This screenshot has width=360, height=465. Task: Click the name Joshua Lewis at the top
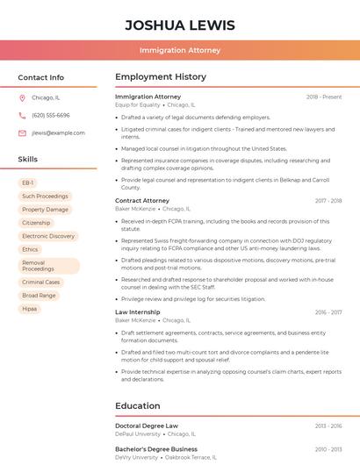click(180, 25)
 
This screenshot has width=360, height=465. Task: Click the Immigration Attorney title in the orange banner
click(180, 50)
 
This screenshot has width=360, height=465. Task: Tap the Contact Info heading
click(40, 77)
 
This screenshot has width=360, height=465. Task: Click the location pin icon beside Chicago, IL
click(22, 98)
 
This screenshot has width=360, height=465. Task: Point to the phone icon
click(22, 116)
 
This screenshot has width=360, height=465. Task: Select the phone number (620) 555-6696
click(50, 116)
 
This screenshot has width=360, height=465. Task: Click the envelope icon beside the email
click(22, 133)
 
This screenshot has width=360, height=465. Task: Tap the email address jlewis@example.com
click(58, 133)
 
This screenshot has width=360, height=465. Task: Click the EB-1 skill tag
click(28, 183)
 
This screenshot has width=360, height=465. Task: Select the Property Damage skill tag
click(45, 210)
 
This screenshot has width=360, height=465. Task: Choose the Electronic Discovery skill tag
click(48, 236)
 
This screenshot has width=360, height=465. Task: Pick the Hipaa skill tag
click(30, 309)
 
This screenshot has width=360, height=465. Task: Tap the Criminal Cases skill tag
click(41, 283)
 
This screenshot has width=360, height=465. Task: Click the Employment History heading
click(161, 77)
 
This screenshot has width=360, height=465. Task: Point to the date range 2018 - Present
click(324, 97)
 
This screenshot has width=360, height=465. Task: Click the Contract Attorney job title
click(142, 201)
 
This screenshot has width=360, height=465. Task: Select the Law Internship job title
click(138, 312)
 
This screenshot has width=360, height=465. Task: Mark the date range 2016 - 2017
click(328, 312)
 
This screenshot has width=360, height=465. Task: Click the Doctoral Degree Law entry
click(147, 426)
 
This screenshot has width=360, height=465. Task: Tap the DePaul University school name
click(138, 433)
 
